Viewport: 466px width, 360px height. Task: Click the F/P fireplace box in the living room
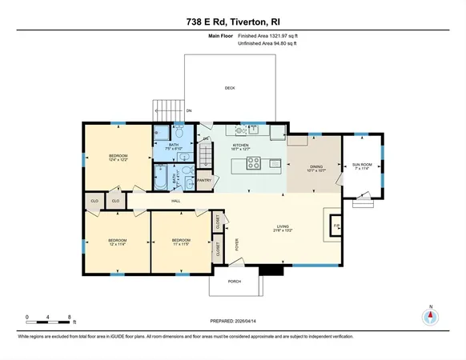coord(336,226)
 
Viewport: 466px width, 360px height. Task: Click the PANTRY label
coord(203,181)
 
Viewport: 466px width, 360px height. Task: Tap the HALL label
coord(175,201)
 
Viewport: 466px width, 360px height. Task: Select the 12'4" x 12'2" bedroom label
coord(119,158)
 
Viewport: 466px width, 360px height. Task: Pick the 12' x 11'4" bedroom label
coord(118,242)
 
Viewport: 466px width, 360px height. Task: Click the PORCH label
coord(234,282)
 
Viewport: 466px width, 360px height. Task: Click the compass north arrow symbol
coord(430,317)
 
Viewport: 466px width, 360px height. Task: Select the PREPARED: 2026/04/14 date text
coord(233,321)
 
